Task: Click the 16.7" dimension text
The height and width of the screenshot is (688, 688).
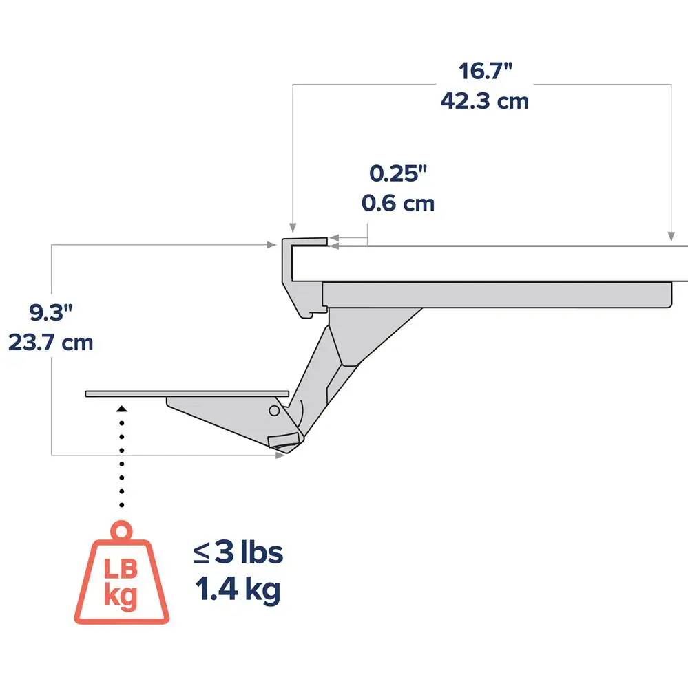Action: pyautogui.click(x=486, y=72)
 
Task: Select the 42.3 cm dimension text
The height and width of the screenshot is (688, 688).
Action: pyautogui.click(x=485, y=101)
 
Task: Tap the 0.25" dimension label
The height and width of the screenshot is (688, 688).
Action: pyautogui.click(x=398, y=173)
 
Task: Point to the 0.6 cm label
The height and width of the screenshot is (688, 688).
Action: pyautogui.click(x=398, y=204)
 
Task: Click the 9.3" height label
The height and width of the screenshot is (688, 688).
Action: pyautogui.click(x=50, y=313)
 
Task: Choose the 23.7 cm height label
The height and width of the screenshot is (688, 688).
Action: pyautogui.click(x=51, y=342)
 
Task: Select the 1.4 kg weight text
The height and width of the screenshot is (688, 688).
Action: pyautogui.click(x=238, y=590)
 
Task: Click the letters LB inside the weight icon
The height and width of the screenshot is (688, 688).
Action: pyautogui.click(x=121, y=569)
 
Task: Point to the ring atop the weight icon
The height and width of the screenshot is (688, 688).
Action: pyautogui.click(x=123, y=532)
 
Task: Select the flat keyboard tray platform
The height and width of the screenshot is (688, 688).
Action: pyautogui.click(x=186, y=394)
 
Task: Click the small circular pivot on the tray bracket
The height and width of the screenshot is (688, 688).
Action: pyautogui.click(x=274, y=411)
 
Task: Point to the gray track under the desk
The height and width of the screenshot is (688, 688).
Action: pyautogui.click(x=496, y=294)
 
